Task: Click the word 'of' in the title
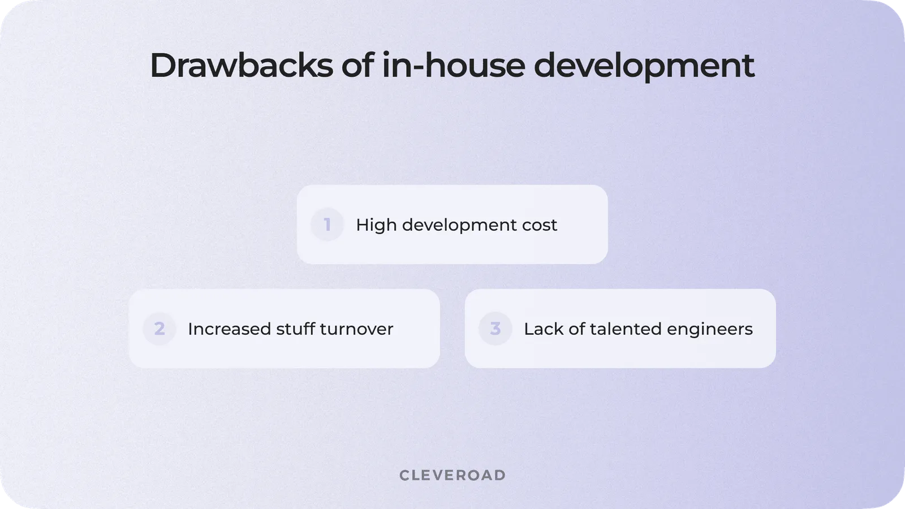357,65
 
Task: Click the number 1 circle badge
327,225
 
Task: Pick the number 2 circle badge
160,329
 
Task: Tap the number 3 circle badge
495,329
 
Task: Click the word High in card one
376,225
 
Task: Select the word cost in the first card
540,225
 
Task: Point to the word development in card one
460,225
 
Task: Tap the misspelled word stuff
295,329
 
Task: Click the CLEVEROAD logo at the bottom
453,475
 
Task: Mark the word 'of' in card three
576,329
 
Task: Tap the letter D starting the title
162,65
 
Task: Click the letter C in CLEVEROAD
404,475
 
